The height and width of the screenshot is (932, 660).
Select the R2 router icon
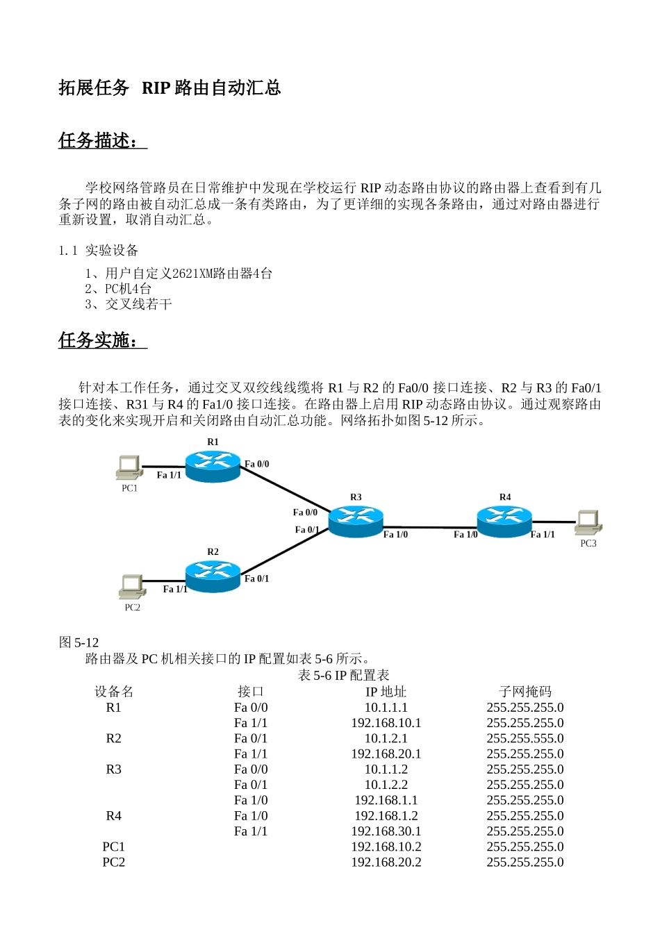(x=213, y=576)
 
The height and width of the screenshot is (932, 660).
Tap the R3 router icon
(x=356, y=520)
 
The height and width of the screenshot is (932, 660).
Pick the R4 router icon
(x=504, y=520)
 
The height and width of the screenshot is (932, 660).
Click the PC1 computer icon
(x=129, y=468)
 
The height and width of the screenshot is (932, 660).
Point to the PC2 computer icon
(x=131, y=587)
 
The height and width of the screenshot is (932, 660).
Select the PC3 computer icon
(x=588, y=522)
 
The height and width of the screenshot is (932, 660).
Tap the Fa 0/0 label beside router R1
(x=257, y=464)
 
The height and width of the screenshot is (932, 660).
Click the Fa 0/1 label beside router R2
(x=257, y=579)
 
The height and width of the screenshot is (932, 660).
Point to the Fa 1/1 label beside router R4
(x=543, y=535)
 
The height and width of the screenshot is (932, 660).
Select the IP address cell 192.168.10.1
(x=386, y=723)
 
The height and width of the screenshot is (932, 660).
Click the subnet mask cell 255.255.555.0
(x=525, y=738)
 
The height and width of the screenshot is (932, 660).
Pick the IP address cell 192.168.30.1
(x=386, y=831)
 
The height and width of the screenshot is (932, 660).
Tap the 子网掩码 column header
(x=525, y=692)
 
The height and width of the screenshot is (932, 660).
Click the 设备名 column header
(x=114, y=692)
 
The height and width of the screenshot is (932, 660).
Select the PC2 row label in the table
(x=114, y=863)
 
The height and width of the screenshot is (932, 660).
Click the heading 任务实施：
(x=102, y=340)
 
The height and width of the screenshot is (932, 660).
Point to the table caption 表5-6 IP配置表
(x=343, y=675)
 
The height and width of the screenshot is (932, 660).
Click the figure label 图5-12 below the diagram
(x=79, y=642)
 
